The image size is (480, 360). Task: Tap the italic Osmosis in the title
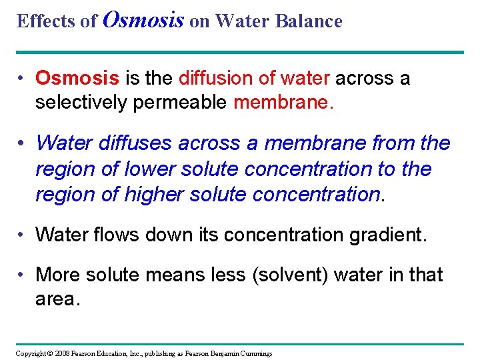coord(144,19)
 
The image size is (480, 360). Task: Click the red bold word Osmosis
coord(77,78)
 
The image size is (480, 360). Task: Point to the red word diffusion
coord(217,78)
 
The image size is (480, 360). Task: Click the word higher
coord(156,194)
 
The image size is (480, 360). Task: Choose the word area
coord(57,299)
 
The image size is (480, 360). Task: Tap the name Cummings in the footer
coord(255,353)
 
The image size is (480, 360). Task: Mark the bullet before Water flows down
coord(23,234)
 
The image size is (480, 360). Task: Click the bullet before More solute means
coord(23,274)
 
